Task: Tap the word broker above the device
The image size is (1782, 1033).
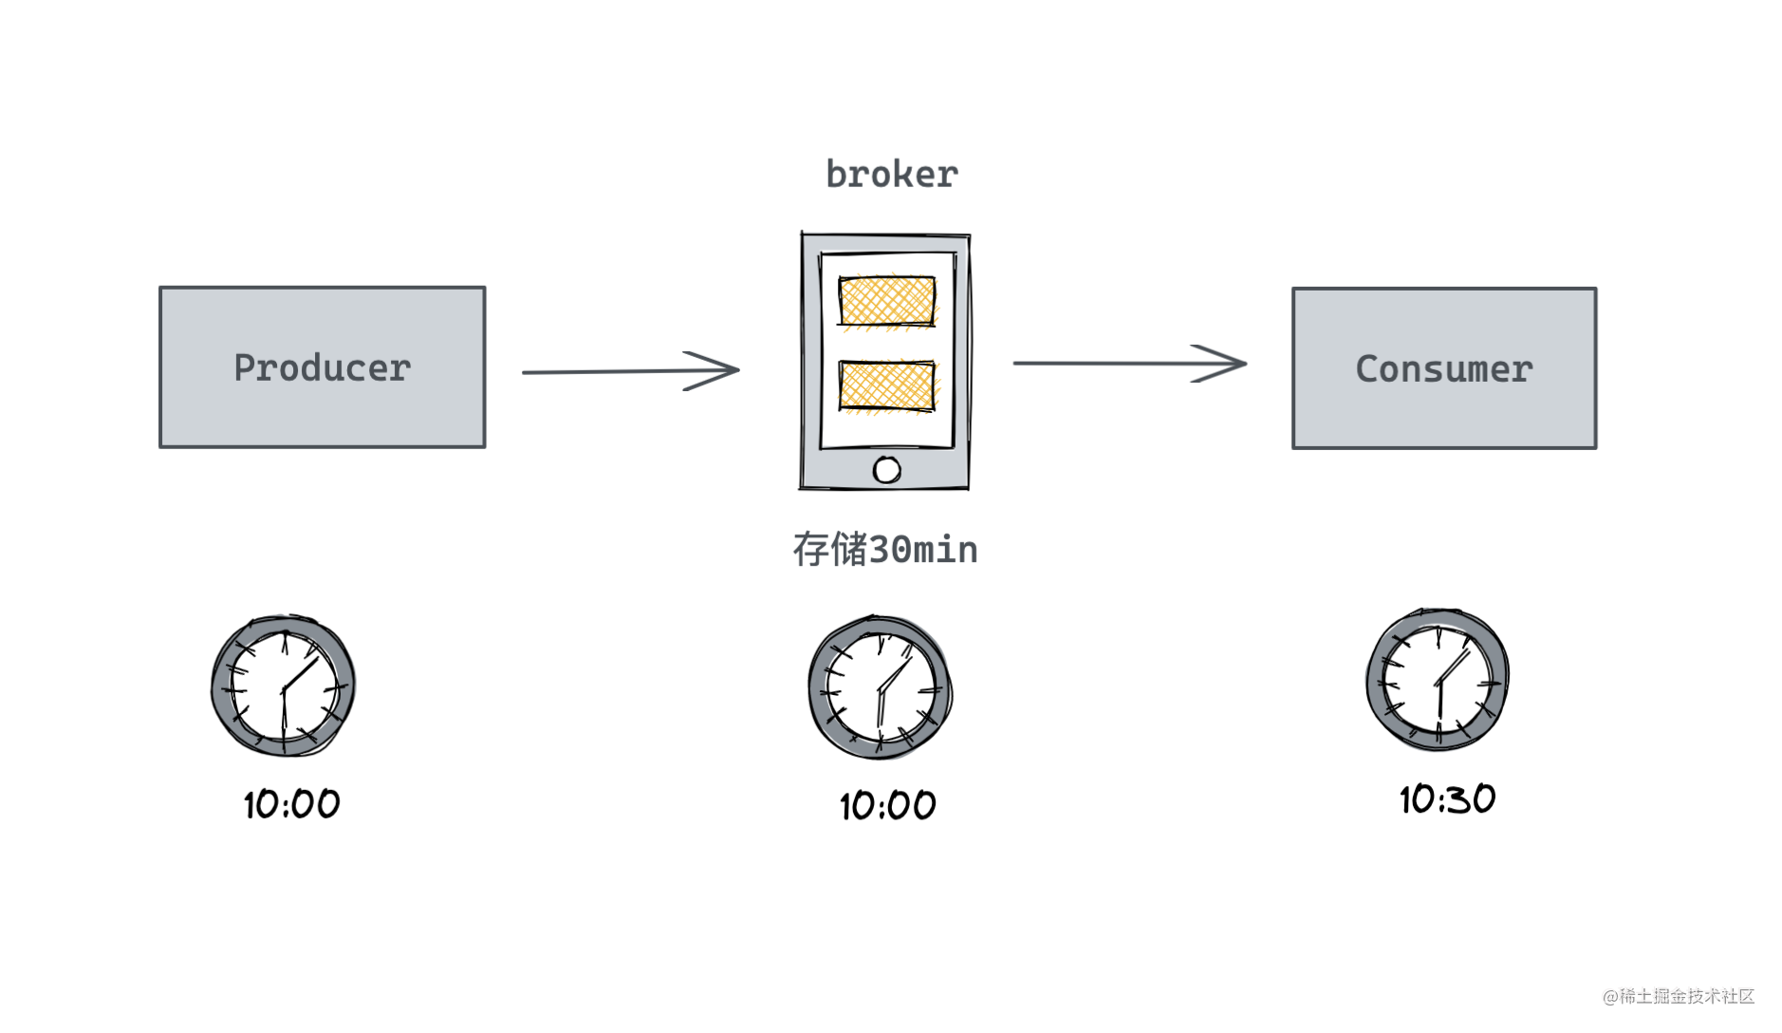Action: coord(891,174)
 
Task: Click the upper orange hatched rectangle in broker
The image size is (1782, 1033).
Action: coord(887,301)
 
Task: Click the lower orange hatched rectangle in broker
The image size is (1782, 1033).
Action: coord(887,386)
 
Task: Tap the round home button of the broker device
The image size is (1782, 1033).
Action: coord(887,469)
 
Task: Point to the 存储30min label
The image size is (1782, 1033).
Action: coord(884,550)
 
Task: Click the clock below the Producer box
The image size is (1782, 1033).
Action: coord(283,686)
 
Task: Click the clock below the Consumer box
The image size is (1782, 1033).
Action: coord(1438,680)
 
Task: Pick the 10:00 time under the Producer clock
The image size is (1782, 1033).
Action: coord(291,804)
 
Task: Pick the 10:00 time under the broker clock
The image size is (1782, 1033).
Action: coord(887,806)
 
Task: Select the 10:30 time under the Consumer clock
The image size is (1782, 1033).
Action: coord(1447,799)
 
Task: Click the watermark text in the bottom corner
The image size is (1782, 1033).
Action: coord(1678,996)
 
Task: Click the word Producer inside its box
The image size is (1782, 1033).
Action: coord(322,368)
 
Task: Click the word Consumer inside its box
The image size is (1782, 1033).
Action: coord(1443,369)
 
